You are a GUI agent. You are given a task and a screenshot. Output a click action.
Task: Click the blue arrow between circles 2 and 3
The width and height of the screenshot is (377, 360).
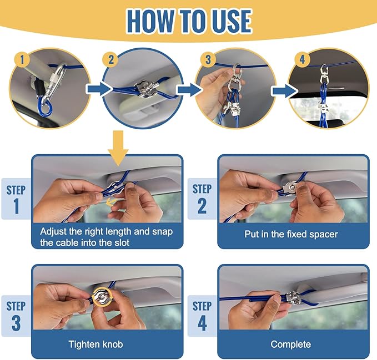tap(187, 88)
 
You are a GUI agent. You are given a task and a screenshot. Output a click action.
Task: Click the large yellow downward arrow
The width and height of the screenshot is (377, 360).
tap(119, 149)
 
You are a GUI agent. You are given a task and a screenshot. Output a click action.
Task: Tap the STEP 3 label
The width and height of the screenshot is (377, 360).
tap(16, 315)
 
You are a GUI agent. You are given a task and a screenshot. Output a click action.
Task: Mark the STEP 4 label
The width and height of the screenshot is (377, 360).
tap(202, 315)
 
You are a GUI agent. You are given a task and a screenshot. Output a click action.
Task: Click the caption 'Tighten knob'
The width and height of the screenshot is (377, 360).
tap(95, 344)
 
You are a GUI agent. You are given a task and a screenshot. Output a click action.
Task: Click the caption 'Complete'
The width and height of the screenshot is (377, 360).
tap(290, 344)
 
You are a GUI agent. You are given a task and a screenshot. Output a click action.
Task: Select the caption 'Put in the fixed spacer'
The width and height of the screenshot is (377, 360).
tap(291, 234)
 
